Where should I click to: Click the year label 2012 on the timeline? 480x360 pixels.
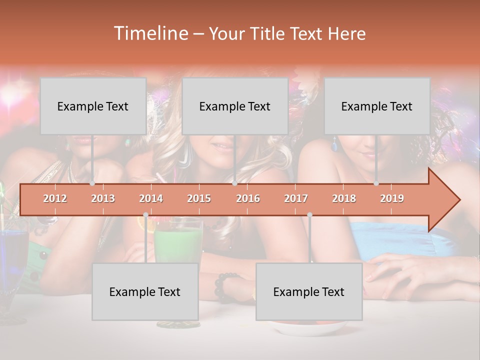55,198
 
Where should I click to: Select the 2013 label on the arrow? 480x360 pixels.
103,198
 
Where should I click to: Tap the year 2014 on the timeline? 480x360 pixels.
151,198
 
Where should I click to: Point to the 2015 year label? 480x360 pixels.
199,198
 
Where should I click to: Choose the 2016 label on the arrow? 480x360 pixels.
248,198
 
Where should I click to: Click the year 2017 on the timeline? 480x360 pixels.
296,198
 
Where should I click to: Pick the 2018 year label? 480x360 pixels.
344,198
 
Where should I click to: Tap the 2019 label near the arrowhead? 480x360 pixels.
392,198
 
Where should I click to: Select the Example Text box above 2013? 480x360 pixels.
93,106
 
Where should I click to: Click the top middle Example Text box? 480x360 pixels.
235,106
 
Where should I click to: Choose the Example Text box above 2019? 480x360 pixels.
377,106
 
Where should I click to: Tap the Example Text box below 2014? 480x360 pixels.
145,291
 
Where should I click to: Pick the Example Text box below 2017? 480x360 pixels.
309,291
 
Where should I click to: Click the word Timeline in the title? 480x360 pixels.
150,33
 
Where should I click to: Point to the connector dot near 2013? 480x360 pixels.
92,183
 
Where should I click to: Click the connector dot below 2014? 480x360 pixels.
145,215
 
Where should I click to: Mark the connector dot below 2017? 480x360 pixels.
309,215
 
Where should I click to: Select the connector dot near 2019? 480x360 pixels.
376,183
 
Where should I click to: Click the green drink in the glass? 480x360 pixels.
177,245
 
